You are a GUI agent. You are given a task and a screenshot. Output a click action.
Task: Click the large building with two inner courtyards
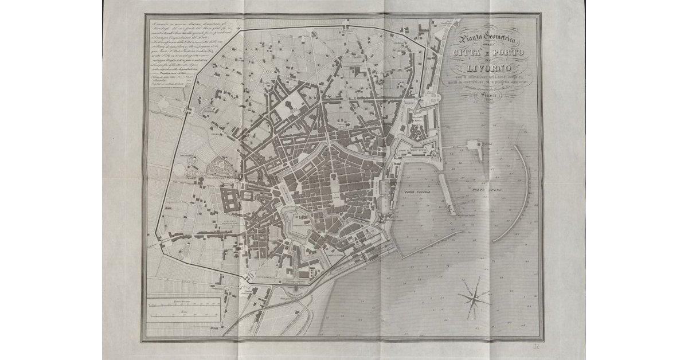(x=230, y=201)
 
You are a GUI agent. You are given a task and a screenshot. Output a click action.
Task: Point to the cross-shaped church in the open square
(x=291, y=105)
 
